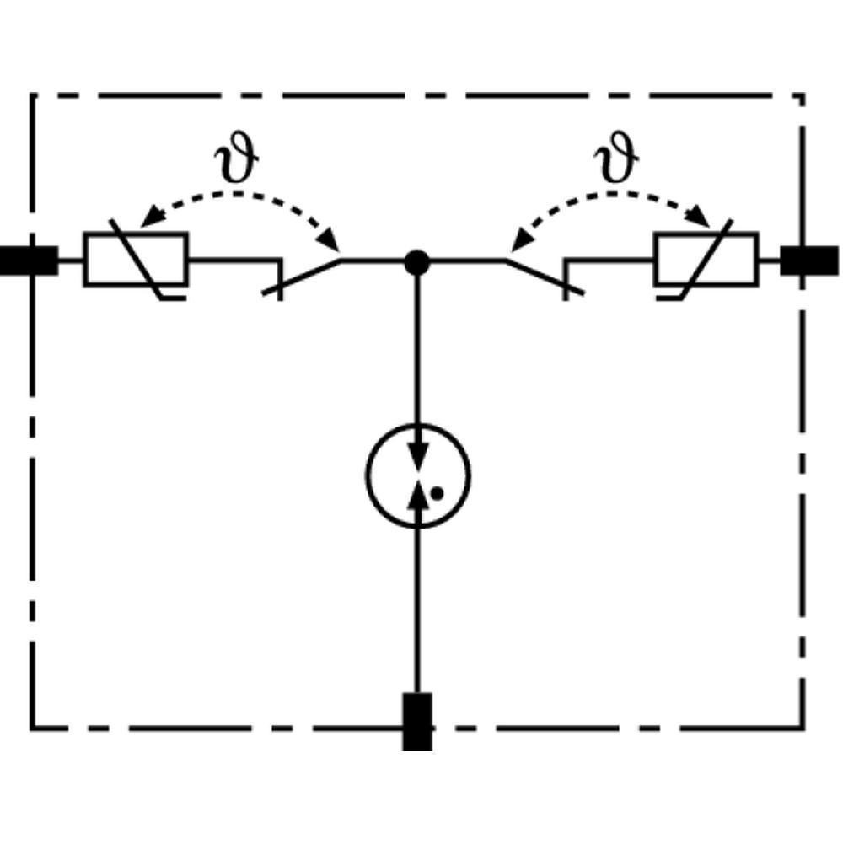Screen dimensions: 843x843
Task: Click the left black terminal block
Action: click(28, 261)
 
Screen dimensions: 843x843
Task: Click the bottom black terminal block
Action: click(417, 721)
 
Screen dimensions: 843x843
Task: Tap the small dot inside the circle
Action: click(436, 493)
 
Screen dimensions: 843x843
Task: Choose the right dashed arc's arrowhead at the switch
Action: click(517, 244)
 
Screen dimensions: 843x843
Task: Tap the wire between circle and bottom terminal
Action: click(417, 607)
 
